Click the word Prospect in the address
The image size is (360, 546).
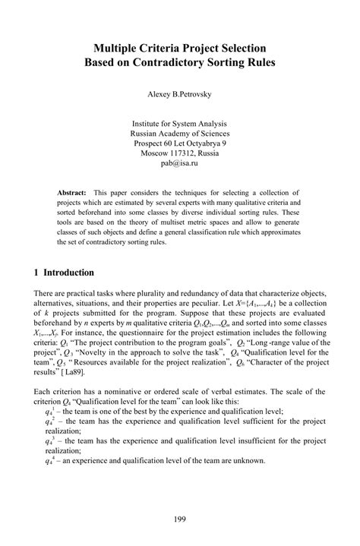click(148, 142)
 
